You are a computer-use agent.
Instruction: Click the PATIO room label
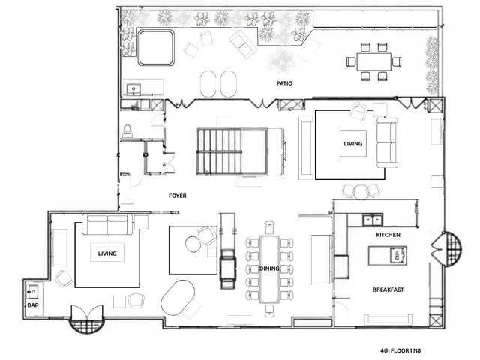coord(284,83)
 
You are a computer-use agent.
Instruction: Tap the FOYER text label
coord(178,196)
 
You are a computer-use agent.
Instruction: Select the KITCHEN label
coord(388,235)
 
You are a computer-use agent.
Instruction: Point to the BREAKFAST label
coord(388,289)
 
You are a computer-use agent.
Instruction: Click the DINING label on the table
coord(269,268)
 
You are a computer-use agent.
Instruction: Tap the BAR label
coord(33,305)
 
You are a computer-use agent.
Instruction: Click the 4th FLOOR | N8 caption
coord(400,350)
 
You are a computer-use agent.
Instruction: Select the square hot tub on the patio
coord(156,47)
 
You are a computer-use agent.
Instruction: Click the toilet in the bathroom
coord(127,130)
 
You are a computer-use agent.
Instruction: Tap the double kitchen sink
coord(373,220)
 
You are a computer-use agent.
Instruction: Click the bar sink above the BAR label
coord(32,292)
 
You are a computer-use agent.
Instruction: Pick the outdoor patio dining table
coord(373,61)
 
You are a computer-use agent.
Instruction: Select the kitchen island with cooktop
coord(388,255)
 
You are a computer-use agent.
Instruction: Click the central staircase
coord(232,152)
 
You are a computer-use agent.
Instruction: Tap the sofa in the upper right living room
coord(387,142)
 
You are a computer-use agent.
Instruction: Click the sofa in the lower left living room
coord(107,224)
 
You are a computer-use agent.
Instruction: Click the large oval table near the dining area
coord(178,298)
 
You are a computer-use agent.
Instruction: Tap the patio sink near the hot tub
coord(133,89)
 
